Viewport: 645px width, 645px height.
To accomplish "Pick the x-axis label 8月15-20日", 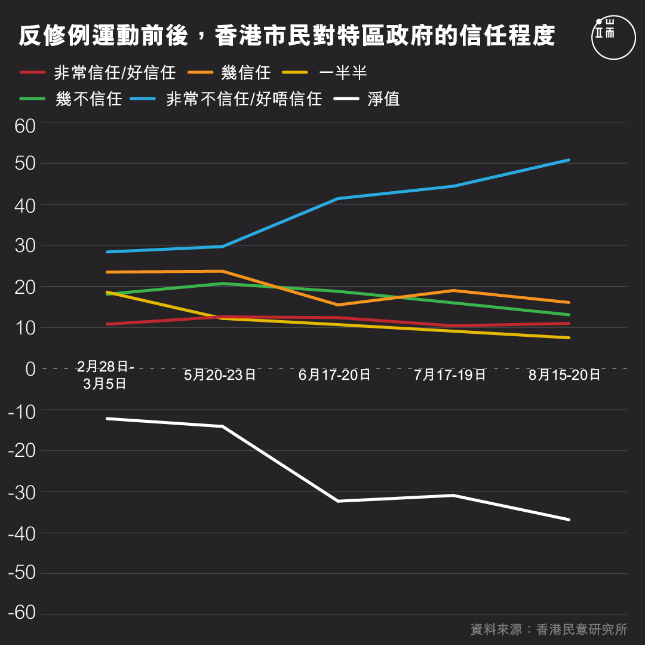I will (x=564, y=375).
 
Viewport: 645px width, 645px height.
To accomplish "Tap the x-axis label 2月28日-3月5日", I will (x=106, y=375).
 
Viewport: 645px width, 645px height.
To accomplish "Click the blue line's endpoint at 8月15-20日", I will (x=569, y=160).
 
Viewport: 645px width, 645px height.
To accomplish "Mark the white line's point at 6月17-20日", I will (x=337, y=501).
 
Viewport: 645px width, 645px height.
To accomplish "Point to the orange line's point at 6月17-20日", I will (x=337, y=305).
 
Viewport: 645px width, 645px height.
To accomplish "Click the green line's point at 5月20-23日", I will (x=222, y=283).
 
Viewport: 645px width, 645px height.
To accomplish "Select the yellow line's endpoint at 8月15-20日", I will (x=569, y=338).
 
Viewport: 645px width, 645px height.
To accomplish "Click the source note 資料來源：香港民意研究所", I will (x=548, y=629).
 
